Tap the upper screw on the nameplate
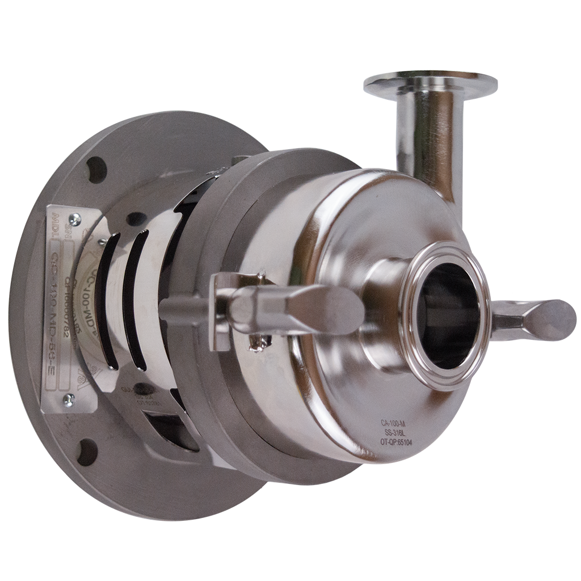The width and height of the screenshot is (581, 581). click(73, 220)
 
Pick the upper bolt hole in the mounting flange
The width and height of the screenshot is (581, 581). click(96, 170)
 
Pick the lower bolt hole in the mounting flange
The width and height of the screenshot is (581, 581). click(87, 452)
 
